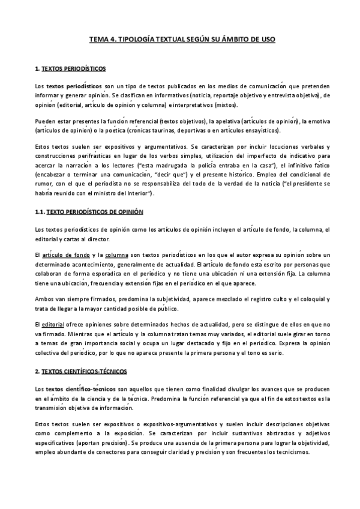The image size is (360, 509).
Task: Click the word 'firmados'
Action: click(86, 299)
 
